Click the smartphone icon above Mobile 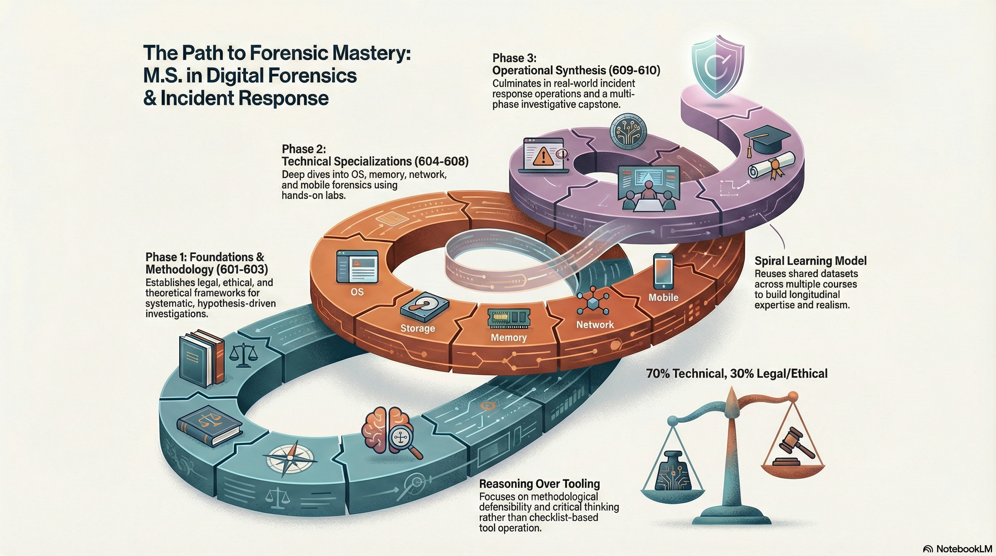[x=663, y=271]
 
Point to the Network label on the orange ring [x=595, y=325]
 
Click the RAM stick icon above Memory [x=508, y=318]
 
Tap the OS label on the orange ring [x=357, y=292]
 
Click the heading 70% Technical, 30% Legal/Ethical [x=737, y=374]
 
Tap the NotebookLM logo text [x=963, y=549]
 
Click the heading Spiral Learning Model [x=810, y=261]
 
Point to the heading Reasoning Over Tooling [x=539, y=484]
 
